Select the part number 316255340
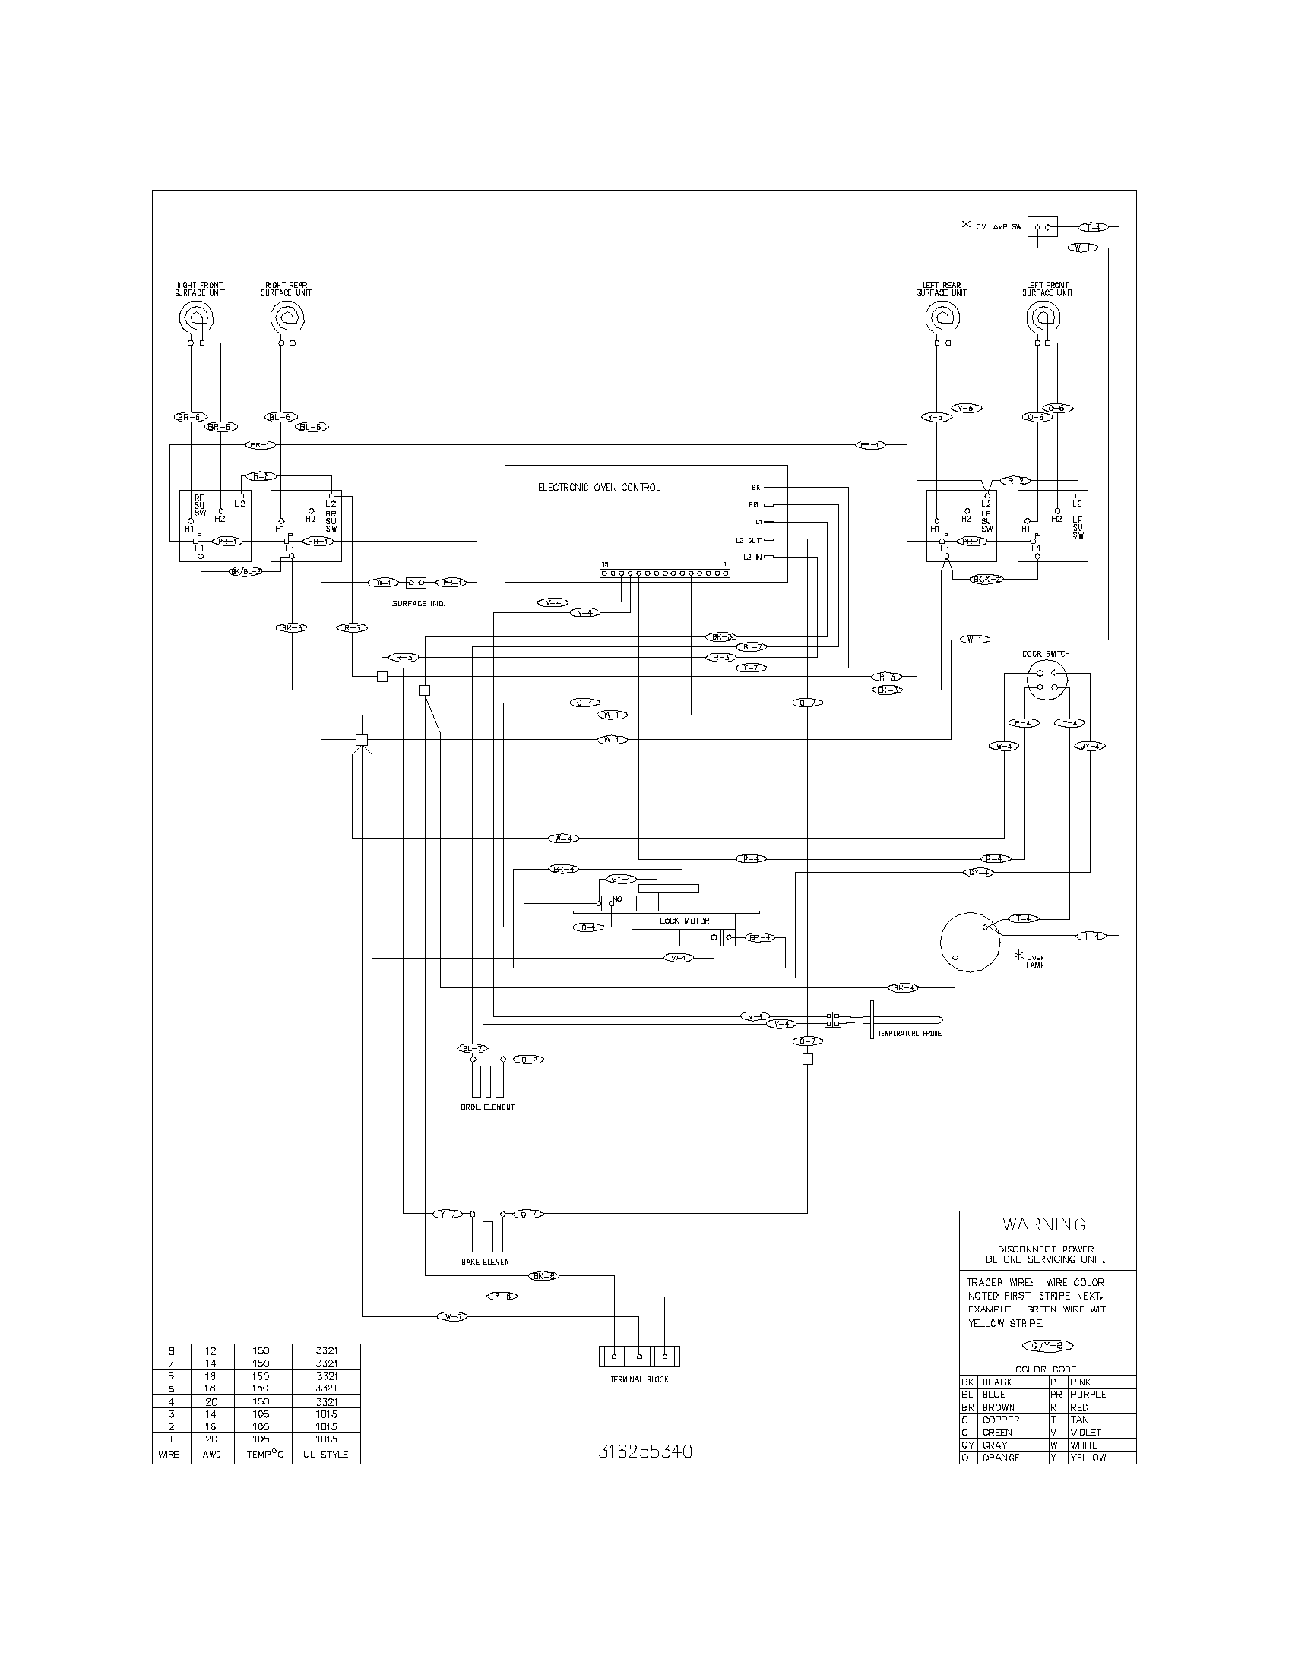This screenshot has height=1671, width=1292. (644, 1451)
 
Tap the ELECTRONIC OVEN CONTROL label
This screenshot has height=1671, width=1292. (599, 487)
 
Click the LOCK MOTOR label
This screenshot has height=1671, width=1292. (684, 921)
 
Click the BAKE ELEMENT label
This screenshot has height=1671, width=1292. (487, 1262)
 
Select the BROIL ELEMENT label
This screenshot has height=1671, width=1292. (482, 1107)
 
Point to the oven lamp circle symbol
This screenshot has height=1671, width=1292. (969, 943)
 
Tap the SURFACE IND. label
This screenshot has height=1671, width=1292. (418, 604)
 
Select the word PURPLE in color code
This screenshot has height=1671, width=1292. (1088, 1395)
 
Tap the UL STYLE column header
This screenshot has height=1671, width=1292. (325, 1455)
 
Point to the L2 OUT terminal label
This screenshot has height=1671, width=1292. (748, 540)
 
